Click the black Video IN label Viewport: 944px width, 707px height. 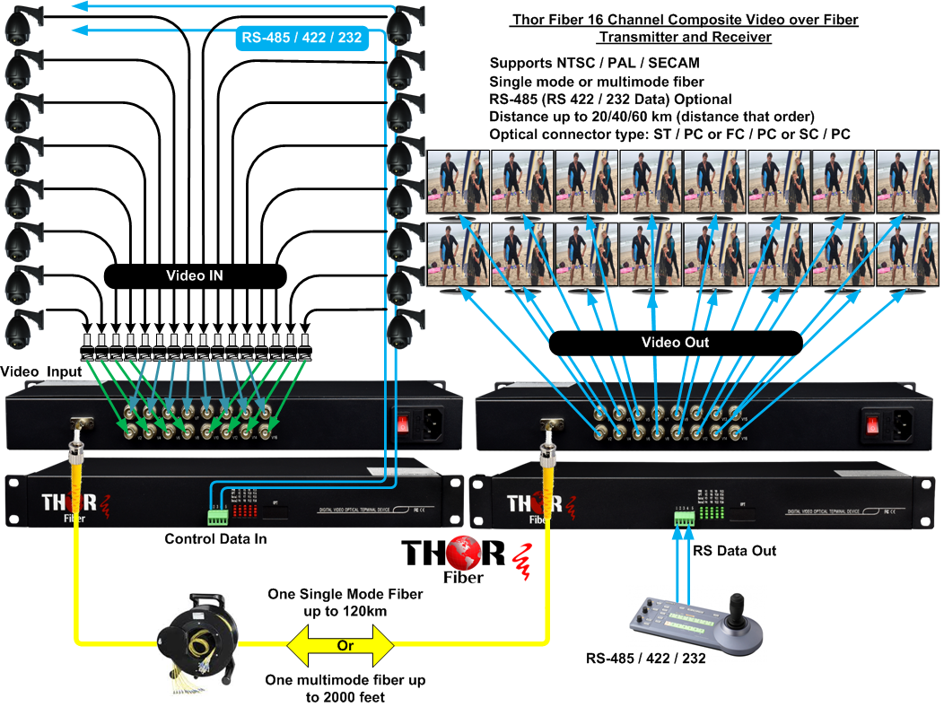click(195, 276)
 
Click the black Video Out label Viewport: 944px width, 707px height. click(675, 343)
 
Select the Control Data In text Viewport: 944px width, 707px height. click(215, 539)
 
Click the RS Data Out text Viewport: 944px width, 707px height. click(733, 550)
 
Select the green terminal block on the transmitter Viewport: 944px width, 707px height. click(217, 518)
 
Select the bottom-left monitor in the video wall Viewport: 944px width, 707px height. click(458, 255)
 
